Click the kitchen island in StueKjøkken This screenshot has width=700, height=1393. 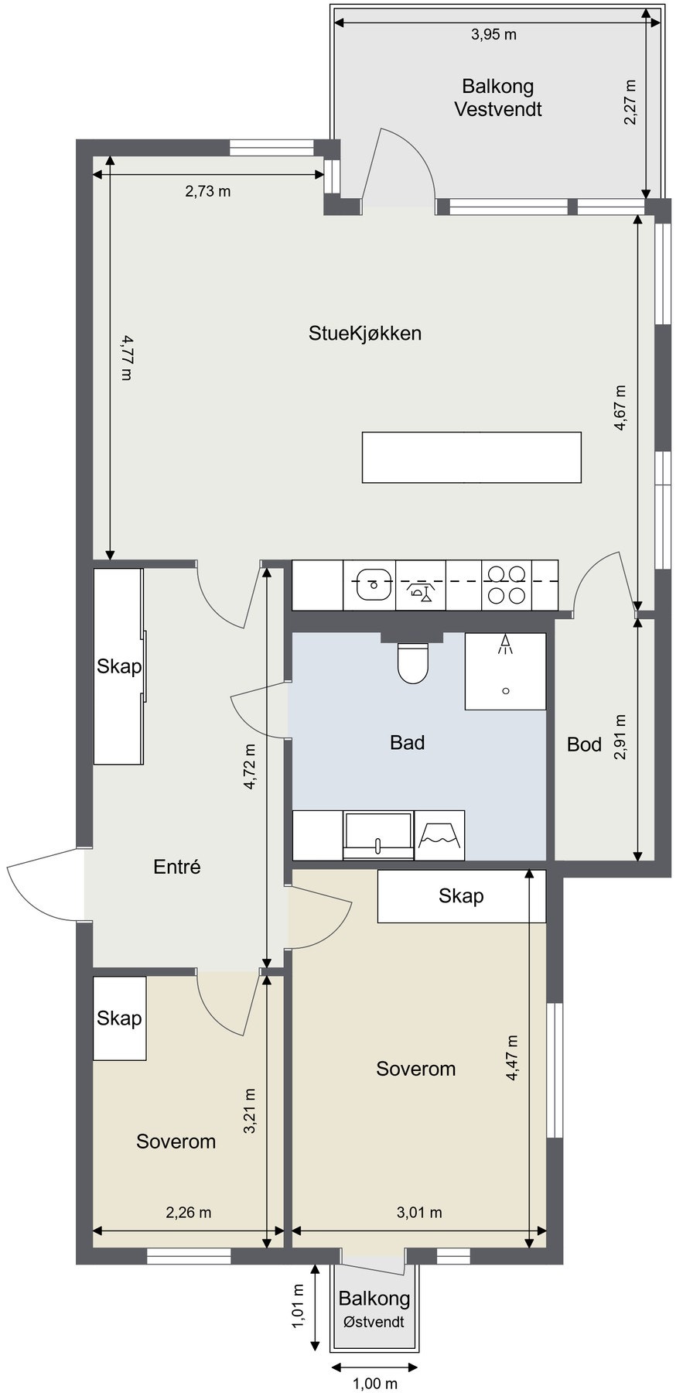[x=471, y=457]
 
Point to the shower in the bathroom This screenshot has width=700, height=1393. [x=505, y=671]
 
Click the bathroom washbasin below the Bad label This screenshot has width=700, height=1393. [x=378, y=835]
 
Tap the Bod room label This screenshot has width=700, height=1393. [x=584, y=744]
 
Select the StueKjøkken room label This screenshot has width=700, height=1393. [x=365, y=334]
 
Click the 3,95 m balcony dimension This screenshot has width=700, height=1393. [x=493, y=35]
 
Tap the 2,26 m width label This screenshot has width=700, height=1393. [x=189, y=1213]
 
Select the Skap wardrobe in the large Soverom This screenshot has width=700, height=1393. [x=461, y=896]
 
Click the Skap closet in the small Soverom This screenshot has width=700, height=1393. [x=120, y=1018]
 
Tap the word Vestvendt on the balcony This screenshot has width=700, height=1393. [x=498, y=109]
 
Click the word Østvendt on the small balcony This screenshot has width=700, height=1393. [x=374, y=1322]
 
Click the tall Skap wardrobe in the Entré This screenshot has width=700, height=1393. [x=119, y=666]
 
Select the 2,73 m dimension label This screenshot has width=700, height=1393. [x=207, y=191]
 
